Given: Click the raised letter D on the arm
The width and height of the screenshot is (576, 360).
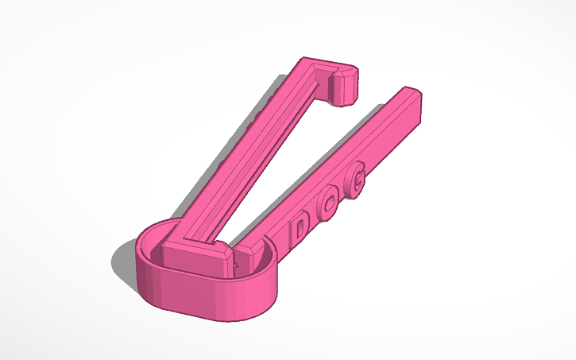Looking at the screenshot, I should click(x=301, y=230).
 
